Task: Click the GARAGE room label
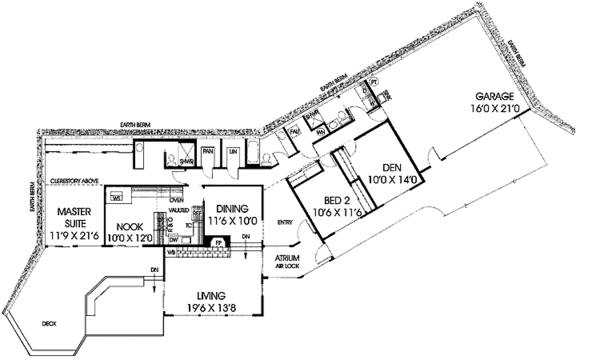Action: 489,95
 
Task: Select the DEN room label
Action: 391,168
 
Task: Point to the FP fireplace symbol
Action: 218,242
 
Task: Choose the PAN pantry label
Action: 208,151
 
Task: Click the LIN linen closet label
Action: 233,151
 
